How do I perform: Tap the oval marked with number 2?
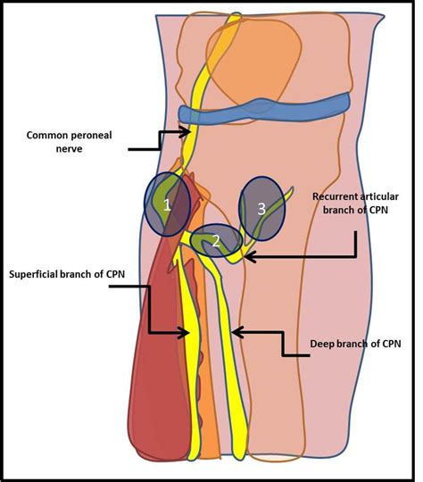(x=215, y=241)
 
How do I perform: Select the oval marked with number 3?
(x=262, y=211)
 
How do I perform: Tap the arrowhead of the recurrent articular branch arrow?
(x=247, y=257)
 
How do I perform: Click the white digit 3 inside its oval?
(x=261, y=210)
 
